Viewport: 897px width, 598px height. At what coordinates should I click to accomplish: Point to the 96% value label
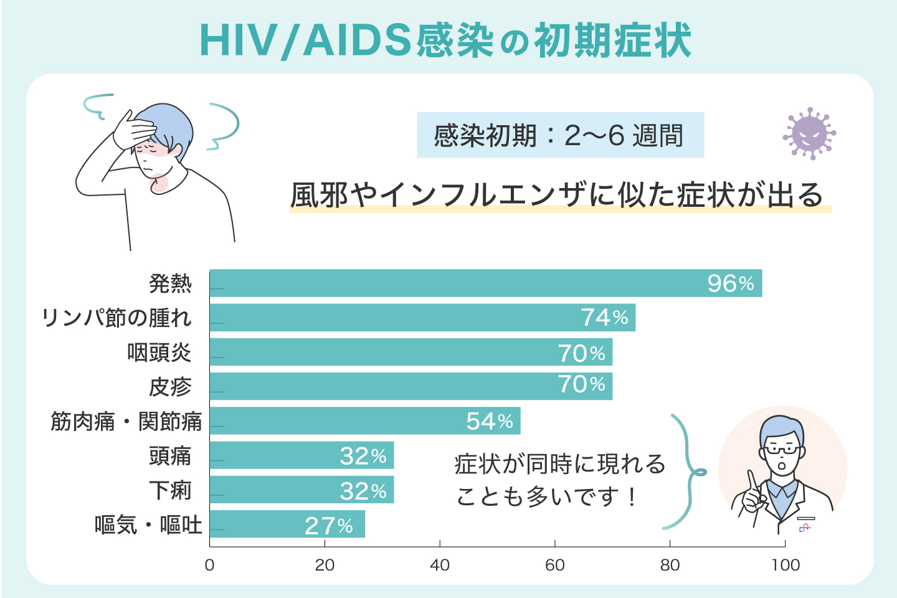pyautogui.click(x=731, y=283)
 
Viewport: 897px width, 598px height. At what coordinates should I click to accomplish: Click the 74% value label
pyautogui.click(x=604, y=318)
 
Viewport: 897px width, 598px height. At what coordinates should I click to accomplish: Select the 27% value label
pyautogui.click(x=328, y=526)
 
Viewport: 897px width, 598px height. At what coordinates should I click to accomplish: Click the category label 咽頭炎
pyautogui.click(x=159, y=353)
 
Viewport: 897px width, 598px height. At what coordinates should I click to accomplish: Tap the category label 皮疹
pyautogui.click(x=169, y=387)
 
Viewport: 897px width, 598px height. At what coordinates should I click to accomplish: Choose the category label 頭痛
pyautogui.click(x=169, y=456)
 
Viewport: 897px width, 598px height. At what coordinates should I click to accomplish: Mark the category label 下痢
pyautogui.click(x=169, y=490)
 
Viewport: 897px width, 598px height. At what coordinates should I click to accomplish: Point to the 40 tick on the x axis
pyautogui.click(x=440, y=565)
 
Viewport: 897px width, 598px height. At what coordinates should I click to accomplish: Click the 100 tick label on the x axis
pyautogui.click(x=785, y=565)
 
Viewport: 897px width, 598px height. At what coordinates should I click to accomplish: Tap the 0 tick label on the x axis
pyautogui.click(x=209, y=565)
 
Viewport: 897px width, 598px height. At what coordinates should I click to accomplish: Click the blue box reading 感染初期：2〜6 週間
pyautogui.click(x=560, y=135)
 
